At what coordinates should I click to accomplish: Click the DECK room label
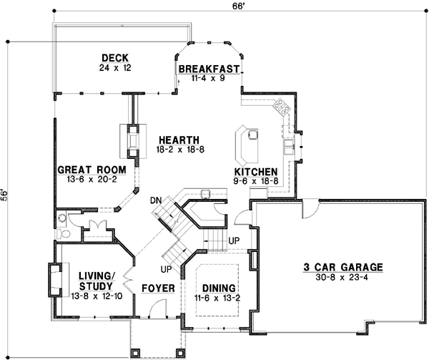114,58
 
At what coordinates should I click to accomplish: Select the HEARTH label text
179,140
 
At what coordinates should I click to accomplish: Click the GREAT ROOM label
92,170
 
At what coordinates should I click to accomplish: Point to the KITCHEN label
255,172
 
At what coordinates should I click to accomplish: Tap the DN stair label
155,202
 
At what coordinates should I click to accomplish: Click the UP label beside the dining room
234,241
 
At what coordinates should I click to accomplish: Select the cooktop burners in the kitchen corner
280,108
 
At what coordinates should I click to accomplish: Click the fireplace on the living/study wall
53,280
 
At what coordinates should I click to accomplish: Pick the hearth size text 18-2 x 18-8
179,150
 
